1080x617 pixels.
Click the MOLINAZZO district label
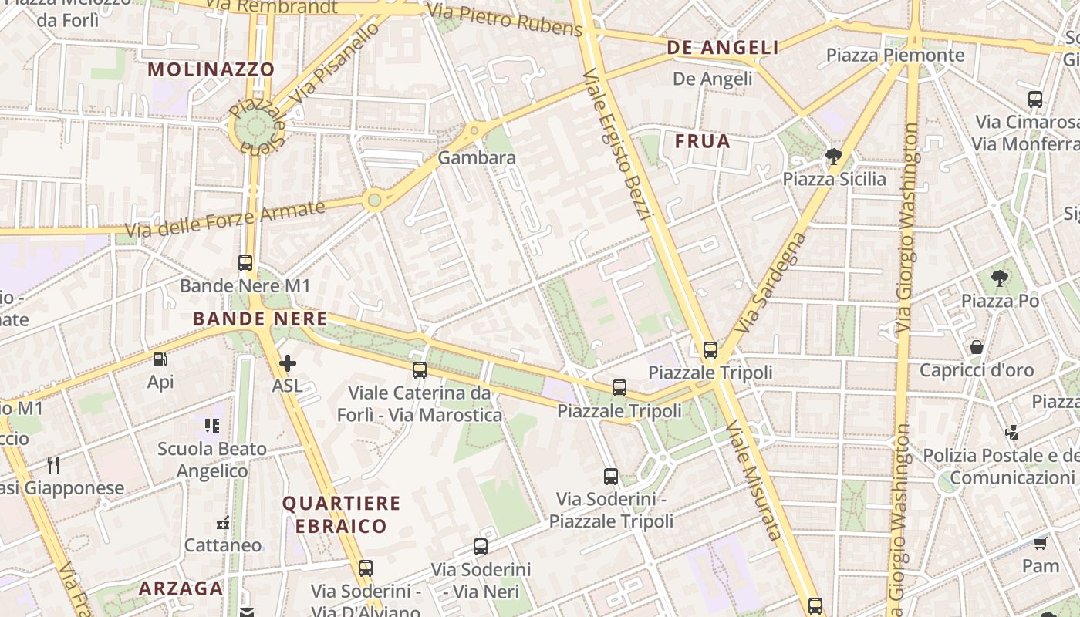tap(211, 69)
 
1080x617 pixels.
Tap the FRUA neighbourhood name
tap(702, 141)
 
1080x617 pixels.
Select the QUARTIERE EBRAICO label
tap(341, 515)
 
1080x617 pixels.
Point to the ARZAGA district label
tap(181, 588)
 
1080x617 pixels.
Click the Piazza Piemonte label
tap(895, 55)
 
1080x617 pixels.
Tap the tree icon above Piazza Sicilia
tap(833, 157)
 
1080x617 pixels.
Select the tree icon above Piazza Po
tap(1000, 278)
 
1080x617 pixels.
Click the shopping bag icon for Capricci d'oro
tap(977, 347)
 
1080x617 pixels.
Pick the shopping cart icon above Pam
tap(1040, 544)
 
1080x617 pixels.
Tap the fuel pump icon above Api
tap(160, 359)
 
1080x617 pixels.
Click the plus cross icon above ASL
tap(287, 363)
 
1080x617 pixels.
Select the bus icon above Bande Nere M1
tap(245, 263)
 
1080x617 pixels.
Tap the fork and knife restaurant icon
tap(53, 464)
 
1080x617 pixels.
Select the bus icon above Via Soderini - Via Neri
tap(481, 547)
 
